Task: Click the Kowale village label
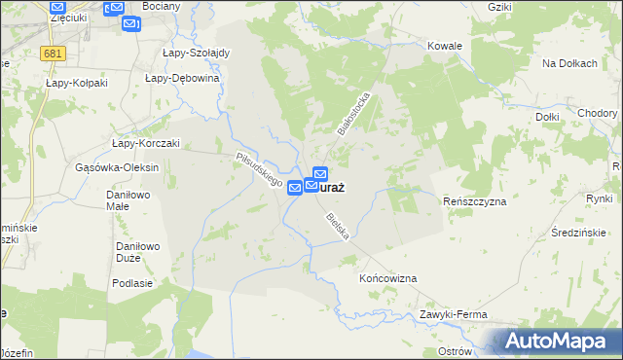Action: [x=444, y=46]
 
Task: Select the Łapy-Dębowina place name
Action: [x=177, y=78]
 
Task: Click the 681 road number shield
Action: [x=54, y=54]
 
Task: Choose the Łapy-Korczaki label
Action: [x=145, y=143]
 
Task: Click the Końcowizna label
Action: [x=388, y=278]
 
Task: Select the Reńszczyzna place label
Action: [x=475, y=201]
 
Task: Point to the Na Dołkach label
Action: [x=568, y=63]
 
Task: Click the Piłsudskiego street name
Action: [x=259, y=168]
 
